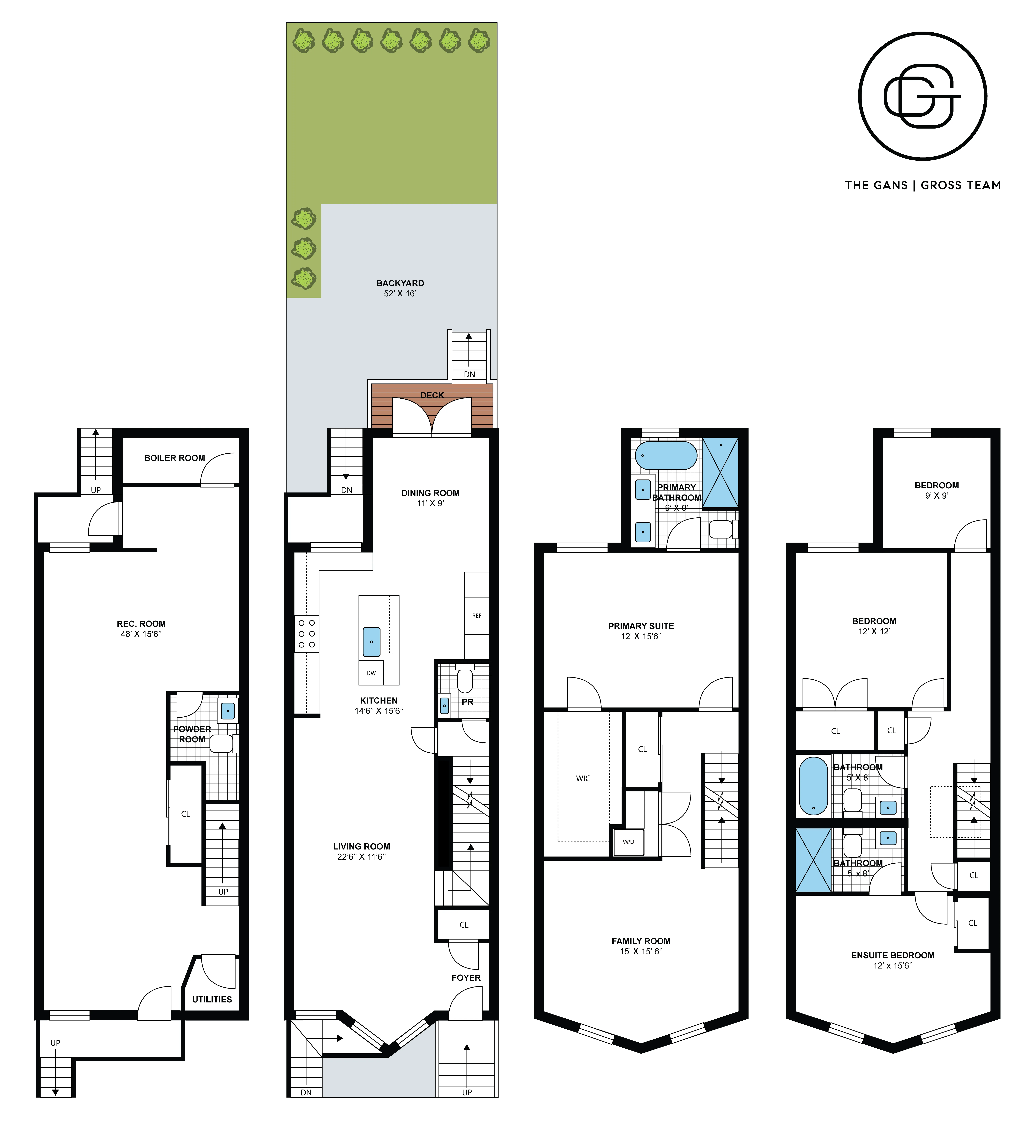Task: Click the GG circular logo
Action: (x=922, y=96)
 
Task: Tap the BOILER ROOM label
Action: (x=174, y=458)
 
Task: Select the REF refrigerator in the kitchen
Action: (x=476, y=616)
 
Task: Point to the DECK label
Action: (x=432, y=395)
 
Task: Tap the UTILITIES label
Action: (x=212, y=999)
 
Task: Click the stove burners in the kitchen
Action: (x=306, y=634)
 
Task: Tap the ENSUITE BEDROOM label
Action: (x=893, y=955)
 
